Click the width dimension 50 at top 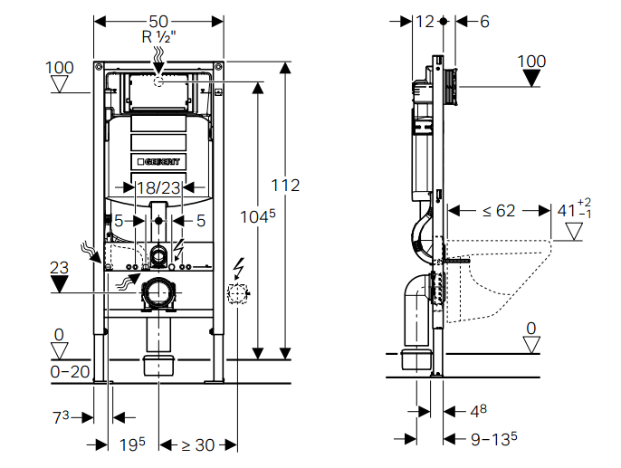tap(158, 20)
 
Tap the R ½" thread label tap(158, 37)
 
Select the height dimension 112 tap(285, 186)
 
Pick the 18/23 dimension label tap(159, 187)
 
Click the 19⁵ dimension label tap(133, 444)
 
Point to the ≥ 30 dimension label tap(192, 444)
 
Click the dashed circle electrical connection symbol tap(236, 292)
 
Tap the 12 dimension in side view tap(425, 21)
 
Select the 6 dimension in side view tap(484, 21)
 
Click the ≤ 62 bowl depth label tap(499, 211)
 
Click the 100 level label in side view tap(531, 62)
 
